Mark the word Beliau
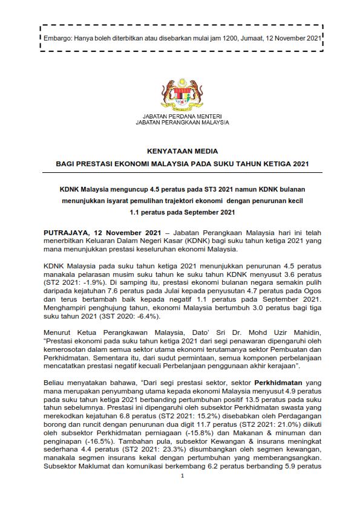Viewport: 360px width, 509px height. coord(56,383)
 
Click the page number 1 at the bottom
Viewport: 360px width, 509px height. coord(182,493)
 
